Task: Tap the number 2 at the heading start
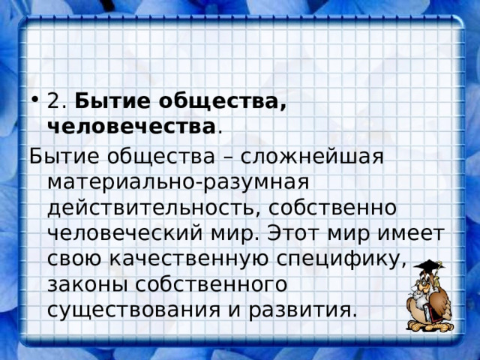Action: tap(53, 100)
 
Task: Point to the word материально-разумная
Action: tap(178, 183)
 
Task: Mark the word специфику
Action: tap(348, 259)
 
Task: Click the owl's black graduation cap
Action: tap(429, 267)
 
